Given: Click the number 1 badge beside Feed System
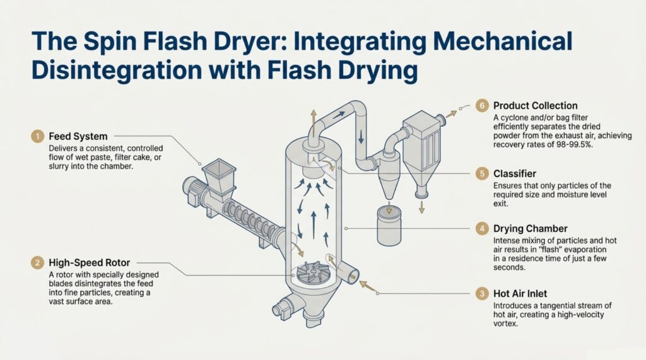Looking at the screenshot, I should point(38,136).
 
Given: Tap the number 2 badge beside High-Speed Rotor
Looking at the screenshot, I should point(38,262).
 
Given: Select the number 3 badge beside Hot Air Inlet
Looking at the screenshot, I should point(482,293).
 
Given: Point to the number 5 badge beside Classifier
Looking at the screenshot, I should point(482,172).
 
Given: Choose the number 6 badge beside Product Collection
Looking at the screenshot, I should point(482,105).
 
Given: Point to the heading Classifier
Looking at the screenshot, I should point(515,172).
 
